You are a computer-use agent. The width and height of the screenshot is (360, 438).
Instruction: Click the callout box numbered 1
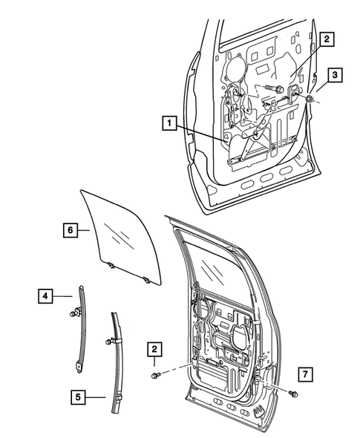[x=170, y=125]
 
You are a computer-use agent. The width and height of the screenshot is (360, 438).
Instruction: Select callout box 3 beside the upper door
[x=336, y=76]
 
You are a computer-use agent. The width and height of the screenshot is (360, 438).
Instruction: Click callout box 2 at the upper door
[x=326, y=38]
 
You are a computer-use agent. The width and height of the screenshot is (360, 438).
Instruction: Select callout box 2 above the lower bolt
[x=155, y=348]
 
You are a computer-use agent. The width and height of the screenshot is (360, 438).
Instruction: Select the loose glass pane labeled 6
[x=119, y=230]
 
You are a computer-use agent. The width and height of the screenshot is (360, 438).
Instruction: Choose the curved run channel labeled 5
[x=117, y=356]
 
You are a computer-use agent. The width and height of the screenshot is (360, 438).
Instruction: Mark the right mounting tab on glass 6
[x=148, y=279]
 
